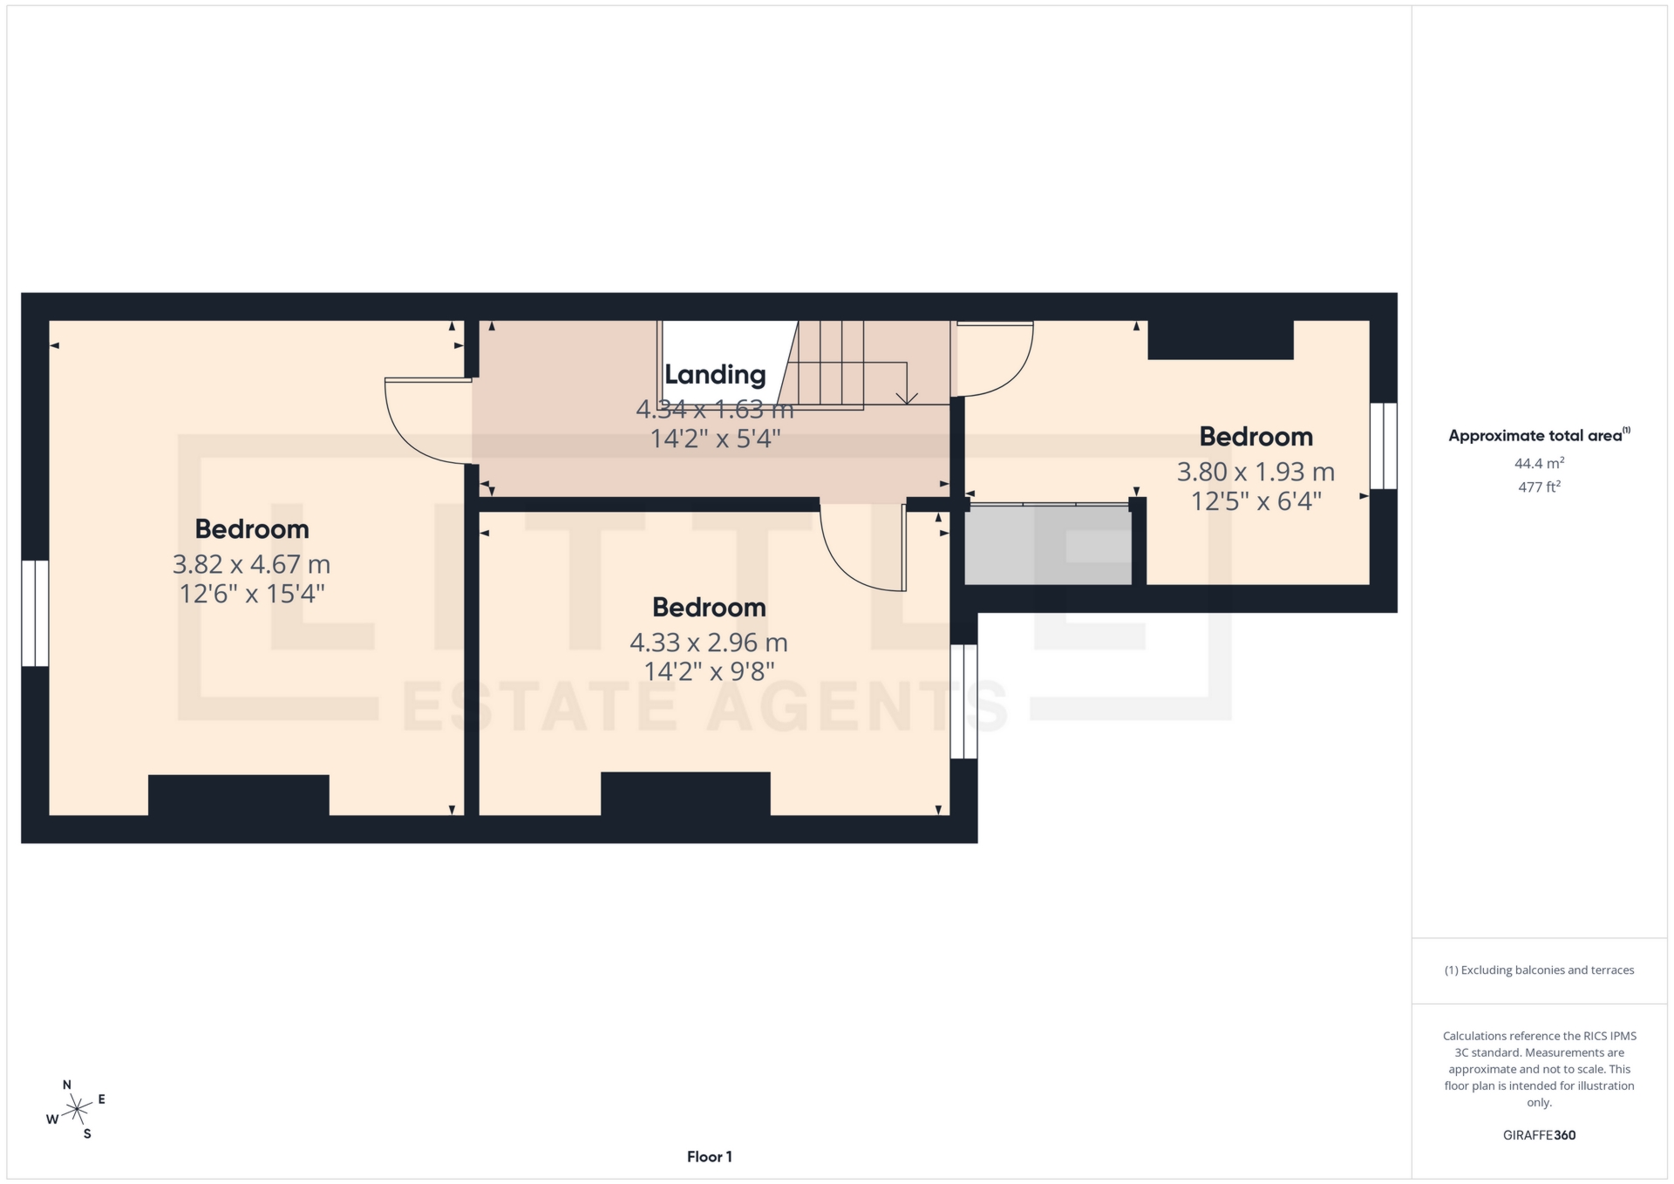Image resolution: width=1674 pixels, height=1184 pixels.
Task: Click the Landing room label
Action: click(715, 374)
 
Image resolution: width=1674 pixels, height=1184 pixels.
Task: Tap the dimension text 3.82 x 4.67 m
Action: click(251, 564)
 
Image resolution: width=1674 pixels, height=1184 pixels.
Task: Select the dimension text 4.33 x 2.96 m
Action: click(708, 643)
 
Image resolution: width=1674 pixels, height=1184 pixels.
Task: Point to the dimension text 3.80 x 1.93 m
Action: click(1255, 472)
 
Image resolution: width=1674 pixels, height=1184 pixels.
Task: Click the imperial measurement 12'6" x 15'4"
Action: click(251, 594)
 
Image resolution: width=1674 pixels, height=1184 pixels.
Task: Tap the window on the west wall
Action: click(35, 613)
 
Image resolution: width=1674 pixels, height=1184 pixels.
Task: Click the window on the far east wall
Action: click(1383, 445)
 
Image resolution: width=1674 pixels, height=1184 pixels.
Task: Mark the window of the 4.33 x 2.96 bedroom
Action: click(963, 701)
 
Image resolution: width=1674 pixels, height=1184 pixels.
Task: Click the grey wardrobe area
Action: click(1047, 545)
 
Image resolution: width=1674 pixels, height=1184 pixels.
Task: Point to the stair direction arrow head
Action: click(907, 398)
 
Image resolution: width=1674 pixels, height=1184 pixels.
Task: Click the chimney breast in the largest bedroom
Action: click(238, 794)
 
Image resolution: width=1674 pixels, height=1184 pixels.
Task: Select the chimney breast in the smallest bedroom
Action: click(1220, 340)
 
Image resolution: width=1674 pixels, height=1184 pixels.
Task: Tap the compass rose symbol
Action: click(77, 1110)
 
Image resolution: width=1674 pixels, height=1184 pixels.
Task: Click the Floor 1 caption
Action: click(709, 1157)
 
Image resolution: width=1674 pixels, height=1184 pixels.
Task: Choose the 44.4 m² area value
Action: click(1539, 464)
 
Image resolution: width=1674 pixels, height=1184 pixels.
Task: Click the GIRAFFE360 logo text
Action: click(1539, 1135)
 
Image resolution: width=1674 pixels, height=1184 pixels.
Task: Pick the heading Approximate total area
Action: click(1537, 436)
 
